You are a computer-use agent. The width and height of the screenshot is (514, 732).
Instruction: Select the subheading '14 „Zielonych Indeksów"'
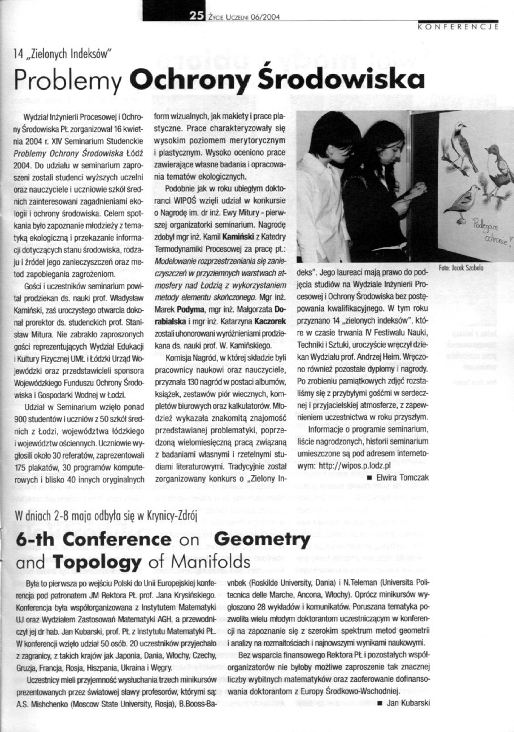pyautogui.click(x=61, y=54)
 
